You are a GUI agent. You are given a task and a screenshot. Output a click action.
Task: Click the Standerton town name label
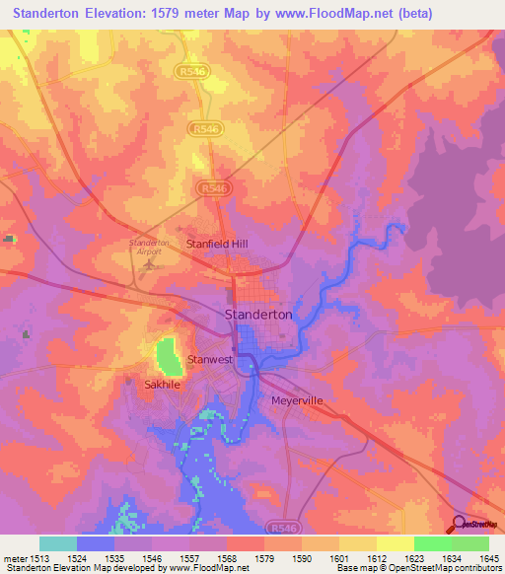tap(259, 314)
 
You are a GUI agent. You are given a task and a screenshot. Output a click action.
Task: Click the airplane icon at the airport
tap(150, 264)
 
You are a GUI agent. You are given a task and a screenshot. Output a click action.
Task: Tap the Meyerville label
tap(297, 400)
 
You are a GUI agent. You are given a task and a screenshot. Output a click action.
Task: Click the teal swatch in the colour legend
tap(57, 543)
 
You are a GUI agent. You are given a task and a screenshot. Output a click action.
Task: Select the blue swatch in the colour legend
tap(95, 543)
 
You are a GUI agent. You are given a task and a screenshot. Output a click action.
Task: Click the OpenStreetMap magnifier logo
tap(460, 524)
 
